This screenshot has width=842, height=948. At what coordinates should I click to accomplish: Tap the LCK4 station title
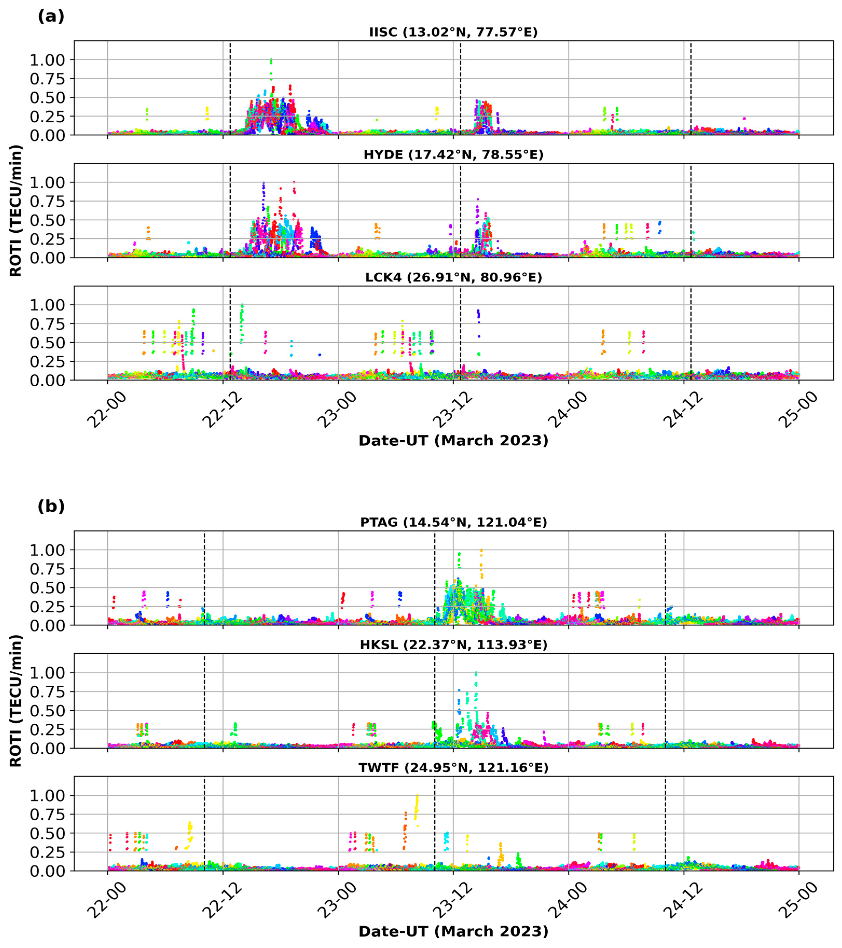[x=453, y=277]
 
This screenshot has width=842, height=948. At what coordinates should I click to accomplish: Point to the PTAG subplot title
[x=453, y=522]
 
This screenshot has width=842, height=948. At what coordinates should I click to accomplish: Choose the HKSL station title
[x=453, y=645]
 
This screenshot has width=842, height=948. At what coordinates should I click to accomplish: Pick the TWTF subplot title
[x=453, y=767]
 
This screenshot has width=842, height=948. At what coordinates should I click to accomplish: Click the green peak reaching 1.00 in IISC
[x=271, y=60]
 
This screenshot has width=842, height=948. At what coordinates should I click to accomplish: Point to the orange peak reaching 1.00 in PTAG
[x=481, y=551]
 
